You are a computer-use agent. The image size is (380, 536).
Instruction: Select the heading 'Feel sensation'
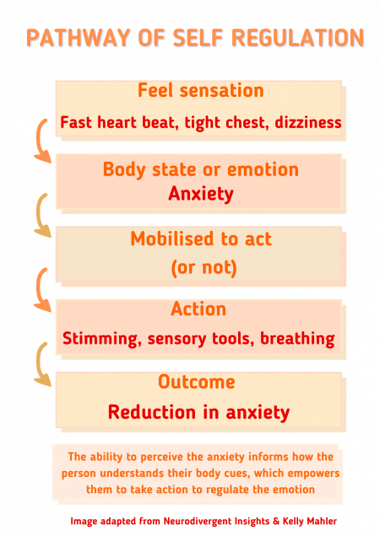[200, 90]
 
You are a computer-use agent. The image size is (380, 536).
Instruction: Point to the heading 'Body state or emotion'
[200, 169]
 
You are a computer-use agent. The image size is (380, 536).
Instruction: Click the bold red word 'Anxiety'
[200, 194]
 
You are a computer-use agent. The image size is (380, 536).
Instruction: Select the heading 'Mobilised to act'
[200, 239]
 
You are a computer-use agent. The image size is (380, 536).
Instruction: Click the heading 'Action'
[198, 310]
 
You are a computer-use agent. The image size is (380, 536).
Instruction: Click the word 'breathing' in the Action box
[297, 339]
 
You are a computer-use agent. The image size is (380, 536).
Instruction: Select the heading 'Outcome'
[196, 382]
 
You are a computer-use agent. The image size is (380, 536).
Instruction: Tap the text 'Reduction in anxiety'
[198, 413]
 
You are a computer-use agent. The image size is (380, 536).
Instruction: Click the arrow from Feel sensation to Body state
[39, 141]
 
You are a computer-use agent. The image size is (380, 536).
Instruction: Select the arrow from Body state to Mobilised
[39, 215]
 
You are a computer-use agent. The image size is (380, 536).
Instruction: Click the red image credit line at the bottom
[204, 521]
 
